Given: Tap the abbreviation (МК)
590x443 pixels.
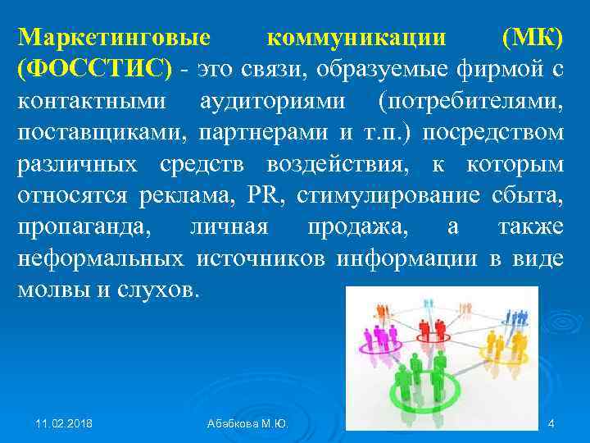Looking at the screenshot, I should click(x=532, y=39).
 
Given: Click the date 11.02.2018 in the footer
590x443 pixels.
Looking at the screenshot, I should click(x=65, y=424).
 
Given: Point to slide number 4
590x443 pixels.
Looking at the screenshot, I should click(x=551, y=424).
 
